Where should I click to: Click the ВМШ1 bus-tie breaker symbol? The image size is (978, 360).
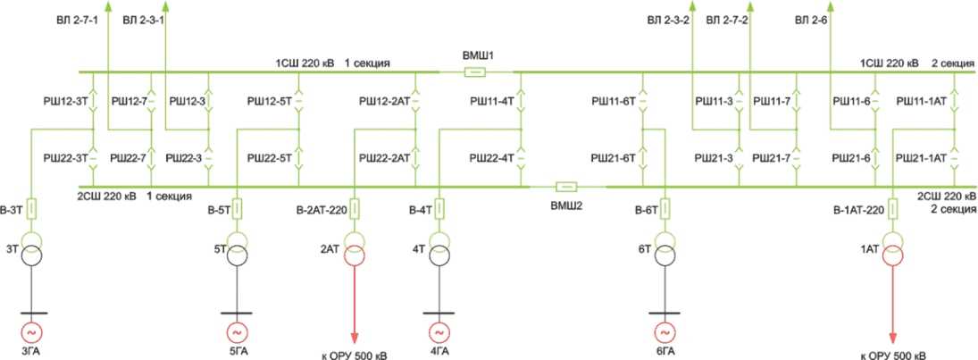point(474,72)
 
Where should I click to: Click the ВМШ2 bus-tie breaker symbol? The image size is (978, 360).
point(566,187)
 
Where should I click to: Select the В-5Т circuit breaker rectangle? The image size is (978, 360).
point(237,208)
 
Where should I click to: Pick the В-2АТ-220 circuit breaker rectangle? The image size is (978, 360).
point(355,208)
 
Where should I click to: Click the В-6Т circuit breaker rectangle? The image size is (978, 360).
point(665,208)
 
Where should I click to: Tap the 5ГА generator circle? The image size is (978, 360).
point(237,331)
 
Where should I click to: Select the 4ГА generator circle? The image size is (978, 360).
point(439,331)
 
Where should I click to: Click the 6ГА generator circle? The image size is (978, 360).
point(665,331)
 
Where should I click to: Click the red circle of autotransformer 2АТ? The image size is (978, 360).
point(355,255)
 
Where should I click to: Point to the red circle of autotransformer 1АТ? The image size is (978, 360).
point(893,255)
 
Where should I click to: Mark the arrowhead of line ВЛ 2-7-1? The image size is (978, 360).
point(108,6)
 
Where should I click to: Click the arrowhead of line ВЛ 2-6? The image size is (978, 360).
point(829,6)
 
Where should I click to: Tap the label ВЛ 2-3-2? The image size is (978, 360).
point(668,21)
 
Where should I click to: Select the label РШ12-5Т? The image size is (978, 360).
point(270,101)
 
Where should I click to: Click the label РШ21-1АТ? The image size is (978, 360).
point(919,158)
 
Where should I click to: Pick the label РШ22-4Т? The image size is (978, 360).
point(493,158)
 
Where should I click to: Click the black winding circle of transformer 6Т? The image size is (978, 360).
point(665,255)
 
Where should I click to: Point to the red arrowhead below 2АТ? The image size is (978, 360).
point(355,338)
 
